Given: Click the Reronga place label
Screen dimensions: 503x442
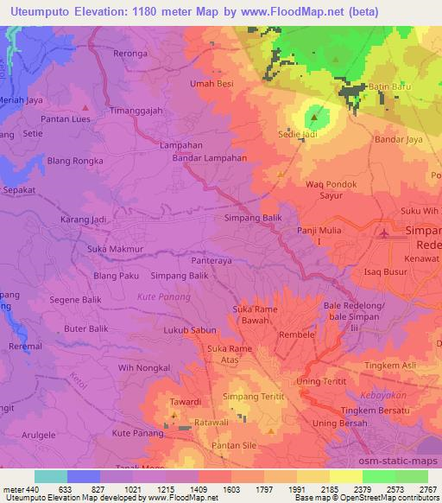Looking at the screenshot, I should (x=131, y=53).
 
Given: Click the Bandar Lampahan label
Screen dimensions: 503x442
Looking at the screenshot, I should (x=210, y=159).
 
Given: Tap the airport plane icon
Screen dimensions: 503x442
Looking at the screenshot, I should (x=385, y=233).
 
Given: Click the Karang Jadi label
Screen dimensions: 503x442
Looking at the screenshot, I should (x=83, y=220).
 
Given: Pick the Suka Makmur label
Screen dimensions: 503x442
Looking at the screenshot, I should (x=113, y=249).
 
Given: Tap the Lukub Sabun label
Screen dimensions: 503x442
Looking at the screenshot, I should (x=190, y=330).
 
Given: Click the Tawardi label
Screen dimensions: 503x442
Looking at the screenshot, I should (x=185, y=402).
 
